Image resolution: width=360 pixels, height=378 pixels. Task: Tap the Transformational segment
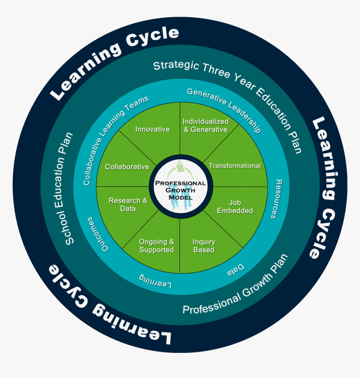click(x=234, y=166)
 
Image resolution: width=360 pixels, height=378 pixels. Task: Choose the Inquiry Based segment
click(x=204, y=246)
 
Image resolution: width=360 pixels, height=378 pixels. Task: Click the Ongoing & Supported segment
click(x=157, y=246)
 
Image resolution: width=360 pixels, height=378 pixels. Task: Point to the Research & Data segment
click(x=128, y=205)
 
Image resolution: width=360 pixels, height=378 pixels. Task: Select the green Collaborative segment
click(x=127, y=167)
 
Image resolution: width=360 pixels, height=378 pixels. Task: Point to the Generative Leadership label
click(x=224, y=109)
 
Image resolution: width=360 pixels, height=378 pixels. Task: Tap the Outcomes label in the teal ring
click(x=97, y=234)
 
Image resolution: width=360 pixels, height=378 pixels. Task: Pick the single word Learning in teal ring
click(x=155, y=281)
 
